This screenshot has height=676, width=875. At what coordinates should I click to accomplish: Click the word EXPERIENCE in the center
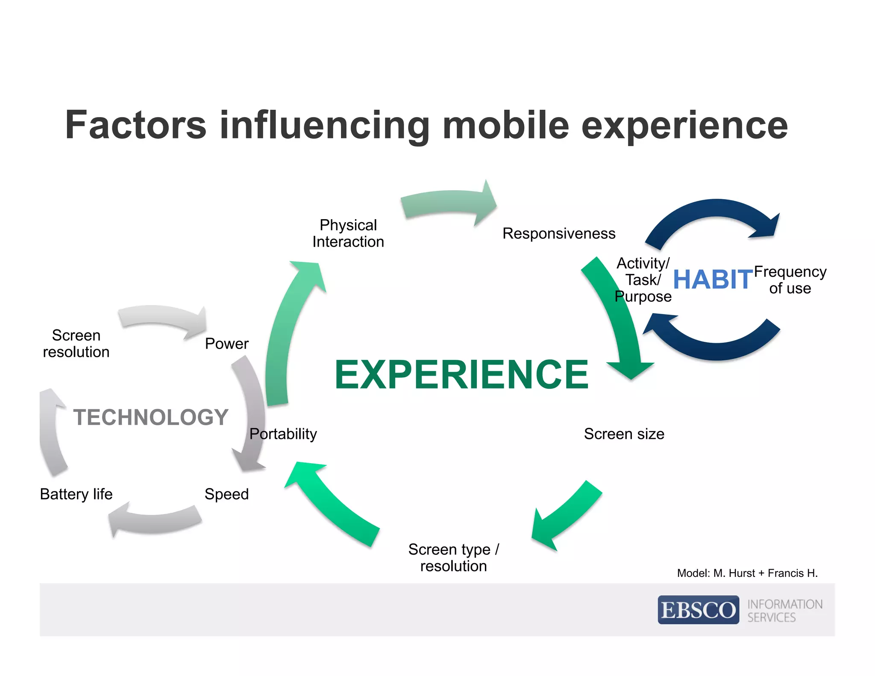point(461,375)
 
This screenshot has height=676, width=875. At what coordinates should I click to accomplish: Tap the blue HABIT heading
point(712,280)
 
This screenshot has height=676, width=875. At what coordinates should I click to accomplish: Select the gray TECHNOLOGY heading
point(150,417)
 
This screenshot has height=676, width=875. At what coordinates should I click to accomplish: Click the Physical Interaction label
point(348,233)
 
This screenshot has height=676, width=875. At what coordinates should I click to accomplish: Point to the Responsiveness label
point(558,234)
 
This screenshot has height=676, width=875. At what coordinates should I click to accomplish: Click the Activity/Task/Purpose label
point(643,280)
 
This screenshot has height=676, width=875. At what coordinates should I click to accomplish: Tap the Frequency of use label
point(790,280)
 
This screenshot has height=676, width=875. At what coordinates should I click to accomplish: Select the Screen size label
point(624,434)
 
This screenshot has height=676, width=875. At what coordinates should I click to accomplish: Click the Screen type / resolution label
point(453,557)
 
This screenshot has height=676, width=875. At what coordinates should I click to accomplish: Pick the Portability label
point(283,434)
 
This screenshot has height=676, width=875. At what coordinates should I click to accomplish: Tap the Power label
point(226,344)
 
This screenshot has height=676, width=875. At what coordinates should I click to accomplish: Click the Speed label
point(226,494)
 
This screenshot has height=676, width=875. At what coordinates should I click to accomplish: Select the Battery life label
point(76,494)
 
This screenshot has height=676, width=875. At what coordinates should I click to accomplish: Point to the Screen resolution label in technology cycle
point(76,344)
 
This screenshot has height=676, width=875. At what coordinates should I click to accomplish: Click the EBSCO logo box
point(698,610)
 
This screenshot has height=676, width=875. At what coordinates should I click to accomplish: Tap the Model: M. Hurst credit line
point(747,573)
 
